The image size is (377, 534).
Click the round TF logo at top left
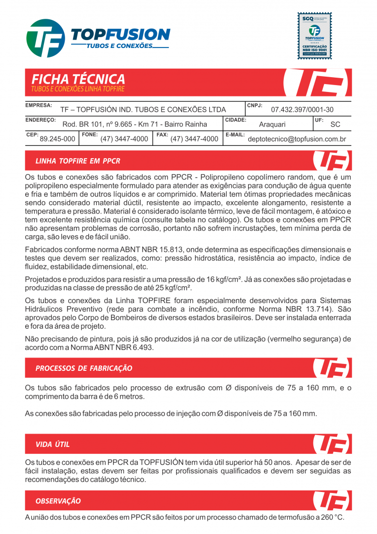(45, 38)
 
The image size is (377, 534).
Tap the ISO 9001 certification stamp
(314, 36)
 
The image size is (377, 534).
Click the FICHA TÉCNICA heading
(78, 79)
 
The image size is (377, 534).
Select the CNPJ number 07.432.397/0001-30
(302, 110)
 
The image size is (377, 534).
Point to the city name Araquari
(272, 125)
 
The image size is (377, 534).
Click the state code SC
(335, 125)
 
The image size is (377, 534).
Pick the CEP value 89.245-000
(57, 139)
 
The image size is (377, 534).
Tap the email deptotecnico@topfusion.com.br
(297, 139)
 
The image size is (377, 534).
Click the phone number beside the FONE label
(124, 139)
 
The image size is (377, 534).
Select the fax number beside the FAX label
(194, 139)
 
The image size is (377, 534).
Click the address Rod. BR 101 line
(135, 125)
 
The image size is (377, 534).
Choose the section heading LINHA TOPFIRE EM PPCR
(78, 161)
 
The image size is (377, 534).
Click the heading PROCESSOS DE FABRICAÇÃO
(84, 368)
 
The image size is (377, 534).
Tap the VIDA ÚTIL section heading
(53, 445)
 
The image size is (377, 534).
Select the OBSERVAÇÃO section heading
(58, 501)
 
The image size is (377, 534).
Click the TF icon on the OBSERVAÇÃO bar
(332, 500)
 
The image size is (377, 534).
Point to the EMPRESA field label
(38, 105)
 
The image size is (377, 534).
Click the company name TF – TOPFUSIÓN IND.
(143, 110)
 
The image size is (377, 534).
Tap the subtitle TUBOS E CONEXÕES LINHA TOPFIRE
(78, 89)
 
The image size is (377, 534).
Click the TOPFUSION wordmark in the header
(121, 34)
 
